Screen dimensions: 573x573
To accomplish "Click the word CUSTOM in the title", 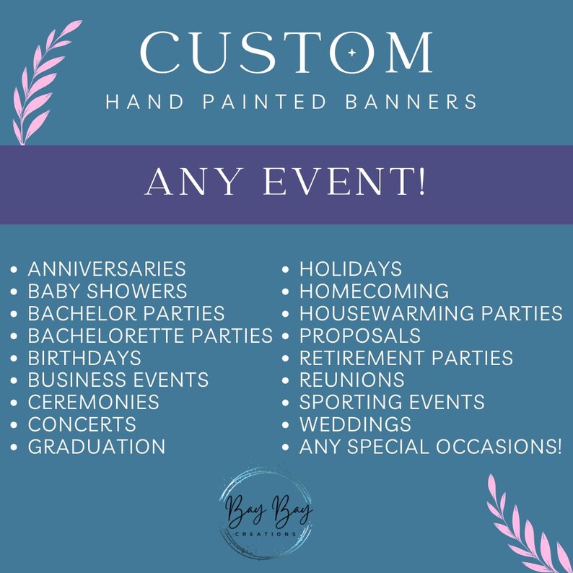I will coord(286,52).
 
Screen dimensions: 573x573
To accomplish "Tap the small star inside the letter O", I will coord(351,53).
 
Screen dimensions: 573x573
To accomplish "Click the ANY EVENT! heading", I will coord(286,183).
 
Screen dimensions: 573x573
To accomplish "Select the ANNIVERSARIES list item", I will coord(107,269).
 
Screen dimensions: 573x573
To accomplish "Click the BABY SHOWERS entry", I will coord(108,292).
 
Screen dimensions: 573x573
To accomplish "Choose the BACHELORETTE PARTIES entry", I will coord(150,336).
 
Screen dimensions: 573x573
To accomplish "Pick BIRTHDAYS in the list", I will coord(84,358).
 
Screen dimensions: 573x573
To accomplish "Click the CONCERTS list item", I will coord(82,424).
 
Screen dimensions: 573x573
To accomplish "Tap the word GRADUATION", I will coord(97,447).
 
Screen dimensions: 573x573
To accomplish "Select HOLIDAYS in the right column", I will coord(351,269).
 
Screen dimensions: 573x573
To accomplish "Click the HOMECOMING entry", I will coord(374,292).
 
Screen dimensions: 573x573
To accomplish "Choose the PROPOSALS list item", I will coord(360,336).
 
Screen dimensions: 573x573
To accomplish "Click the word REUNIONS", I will coord(352,380).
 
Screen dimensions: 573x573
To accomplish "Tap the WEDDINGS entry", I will coord(355,424).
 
